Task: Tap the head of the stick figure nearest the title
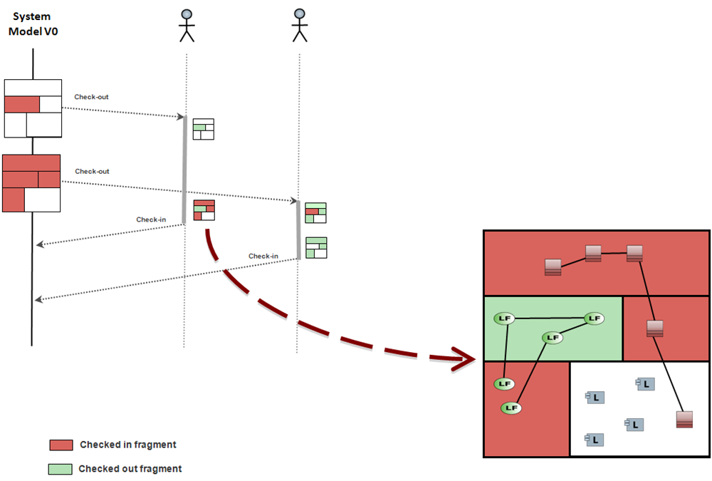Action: pyautogui.click(x=187, y=14)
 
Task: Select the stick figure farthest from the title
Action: pyautogui.click(x=300, y=26)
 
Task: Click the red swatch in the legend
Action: pyautogui.click(x=61, y=445)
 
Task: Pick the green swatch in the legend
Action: pyautogui.click(x=61, y=469)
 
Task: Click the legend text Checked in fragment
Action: pyautogui.click(x=128, y=445)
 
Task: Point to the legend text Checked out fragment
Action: pyautogui.click(x=130, y=469)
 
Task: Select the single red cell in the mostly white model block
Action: pyautogui.click(x=22, y=104)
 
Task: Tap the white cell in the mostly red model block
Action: pyautogui.click(x=42, y=200)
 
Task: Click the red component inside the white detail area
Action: pyautogui.click(x=684, y=420)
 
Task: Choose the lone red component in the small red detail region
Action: pyautogui.click(x=655, y=329)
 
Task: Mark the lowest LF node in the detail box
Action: pyautogui.click(x=511, y=408)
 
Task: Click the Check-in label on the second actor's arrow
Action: pyautogui.click(x=263, y=256)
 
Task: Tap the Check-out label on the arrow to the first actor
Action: pyautogui.click(x=91, y=97)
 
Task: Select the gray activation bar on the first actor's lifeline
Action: pyautogui.click(x=185, y=170)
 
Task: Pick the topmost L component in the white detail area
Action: pyautogui.click(x=644, y=384)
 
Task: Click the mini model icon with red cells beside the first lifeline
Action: pyautogui.click(x=204, y=210)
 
